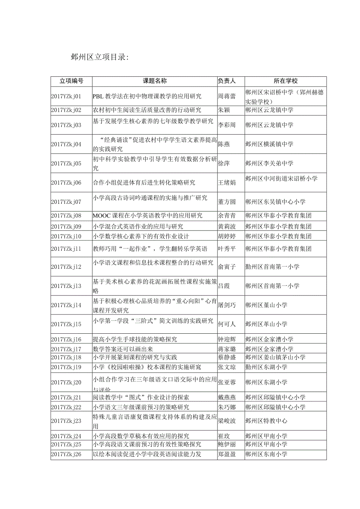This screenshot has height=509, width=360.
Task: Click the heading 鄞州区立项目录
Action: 99,57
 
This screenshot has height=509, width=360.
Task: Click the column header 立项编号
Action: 71,81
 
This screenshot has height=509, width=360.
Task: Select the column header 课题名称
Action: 155,81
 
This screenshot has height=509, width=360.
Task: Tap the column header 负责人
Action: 227,81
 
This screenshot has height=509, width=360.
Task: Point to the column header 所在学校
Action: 286,81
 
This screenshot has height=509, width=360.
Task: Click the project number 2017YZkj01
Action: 66,96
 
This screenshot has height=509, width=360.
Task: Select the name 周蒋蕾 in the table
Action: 227,96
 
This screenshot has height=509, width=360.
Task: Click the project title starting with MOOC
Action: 148,216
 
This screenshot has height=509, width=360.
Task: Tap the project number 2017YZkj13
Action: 66,286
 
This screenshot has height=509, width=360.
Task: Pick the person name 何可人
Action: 227,324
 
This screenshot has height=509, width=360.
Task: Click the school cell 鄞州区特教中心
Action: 266,421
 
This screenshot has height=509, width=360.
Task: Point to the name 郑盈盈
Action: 227,454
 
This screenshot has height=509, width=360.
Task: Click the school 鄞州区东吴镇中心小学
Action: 275,202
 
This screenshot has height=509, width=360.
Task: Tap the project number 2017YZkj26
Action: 66,454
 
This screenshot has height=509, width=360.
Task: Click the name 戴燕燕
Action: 227,397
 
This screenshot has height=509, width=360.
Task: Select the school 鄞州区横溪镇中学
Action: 270,144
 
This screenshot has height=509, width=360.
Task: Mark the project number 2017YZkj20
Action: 66,382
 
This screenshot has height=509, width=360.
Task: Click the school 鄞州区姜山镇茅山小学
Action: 275,357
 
